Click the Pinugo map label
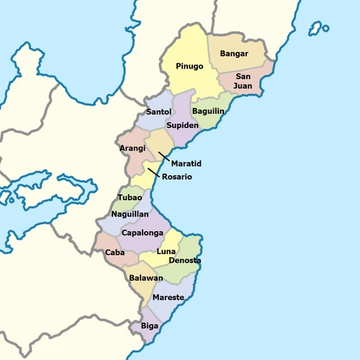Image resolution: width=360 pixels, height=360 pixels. (x=189, y=66)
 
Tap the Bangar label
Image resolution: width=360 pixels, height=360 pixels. (x=234, y=53)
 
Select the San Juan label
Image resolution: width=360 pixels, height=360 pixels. (x=243, y=81)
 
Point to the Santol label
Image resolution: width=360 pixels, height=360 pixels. (x=158, y=112)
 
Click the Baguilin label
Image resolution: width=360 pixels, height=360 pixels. (x=208, y=111)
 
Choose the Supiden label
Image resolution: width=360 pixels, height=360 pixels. (x=182, y=125)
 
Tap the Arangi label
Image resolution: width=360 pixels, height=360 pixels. (x=132, y=148)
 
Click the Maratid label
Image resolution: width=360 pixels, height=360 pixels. (x=185, y=163)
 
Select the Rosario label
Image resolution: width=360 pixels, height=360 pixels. (x=177, y=177)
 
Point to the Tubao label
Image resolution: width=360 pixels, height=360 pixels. (x=130, y=197)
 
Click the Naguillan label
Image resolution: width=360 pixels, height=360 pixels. (x=130, y=214)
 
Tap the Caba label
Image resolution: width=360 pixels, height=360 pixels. (x=114, y=253)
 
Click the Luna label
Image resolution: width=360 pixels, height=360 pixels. (x=166, y=251)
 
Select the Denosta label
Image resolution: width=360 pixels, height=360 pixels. (x=184, y=260)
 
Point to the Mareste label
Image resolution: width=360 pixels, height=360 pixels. (x=168, y=297)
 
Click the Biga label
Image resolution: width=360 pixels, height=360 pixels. (x=150, y=325)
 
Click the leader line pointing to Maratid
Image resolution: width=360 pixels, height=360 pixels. (x=165, y=157)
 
